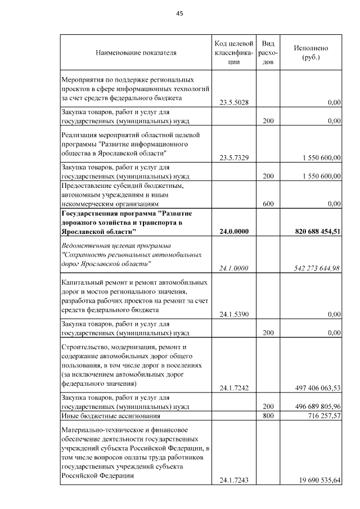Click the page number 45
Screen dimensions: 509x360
point(180,13)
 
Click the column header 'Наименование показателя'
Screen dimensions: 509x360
point(136,53)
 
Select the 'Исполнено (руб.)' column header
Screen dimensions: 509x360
point(311,53)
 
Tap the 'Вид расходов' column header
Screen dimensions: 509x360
point(268,53)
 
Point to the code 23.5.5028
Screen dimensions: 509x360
point(234,102)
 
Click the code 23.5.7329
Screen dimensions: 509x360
point(234,158)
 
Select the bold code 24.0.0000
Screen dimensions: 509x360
point(234,232)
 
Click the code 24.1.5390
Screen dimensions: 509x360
point(234,314)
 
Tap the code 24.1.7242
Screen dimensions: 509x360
point(234,388)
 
